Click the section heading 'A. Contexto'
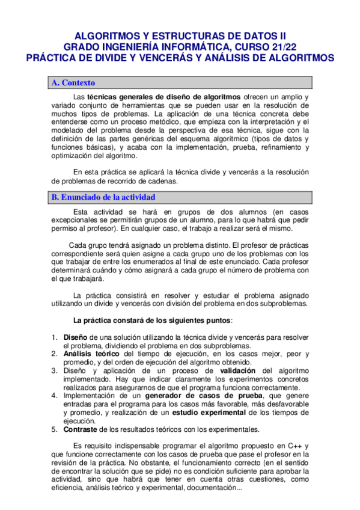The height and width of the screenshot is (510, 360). [x=74, y=83]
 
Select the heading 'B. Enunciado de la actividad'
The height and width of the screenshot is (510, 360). [x=103, y=197]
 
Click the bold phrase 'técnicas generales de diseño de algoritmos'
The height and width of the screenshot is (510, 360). [x=164, y=97]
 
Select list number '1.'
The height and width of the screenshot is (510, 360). [x=55, y=337]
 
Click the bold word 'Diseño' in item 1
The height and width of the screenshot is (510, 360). [x=76, y=337]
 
